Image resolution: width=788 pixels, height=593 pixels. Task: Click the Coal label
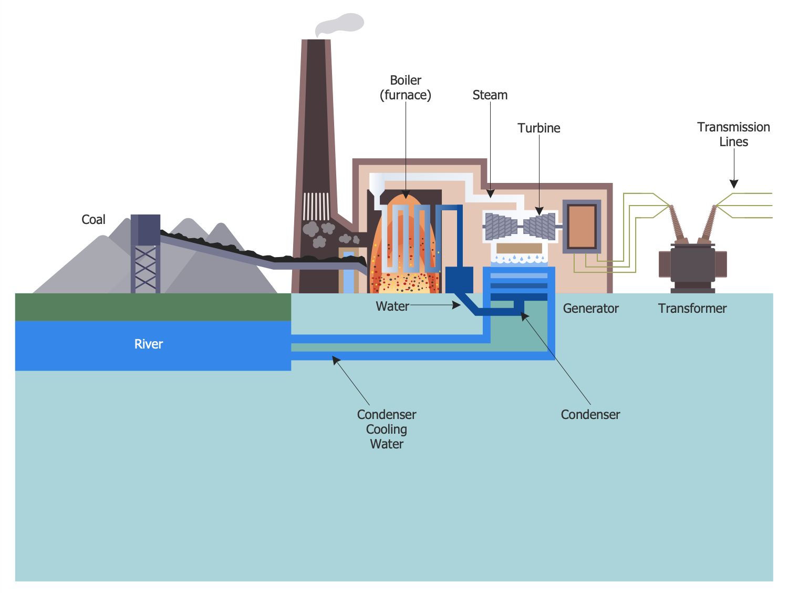(94, 220)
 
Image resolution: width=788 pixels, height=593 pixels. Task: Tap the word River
(149, 344)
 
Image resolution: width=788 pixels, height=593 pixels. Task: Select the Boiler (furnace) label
(406, 88)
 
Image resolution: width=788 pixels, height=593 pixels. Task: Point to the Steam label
(490, 95)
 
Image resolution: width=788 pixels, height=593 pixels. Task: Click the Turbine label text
(538, 128)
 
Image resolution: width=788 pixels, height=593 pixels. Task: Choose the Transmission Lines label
(733, 135)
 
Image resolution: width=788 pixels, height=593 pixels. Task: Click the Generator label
(590, 309)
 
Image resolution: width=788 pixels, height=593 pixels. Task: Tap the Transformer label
(692, 309)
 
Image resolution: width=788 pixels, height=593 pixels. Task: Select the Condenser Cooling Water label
(387, 429)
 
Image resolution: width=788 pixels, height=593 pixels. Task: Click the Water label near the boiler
(392, 306)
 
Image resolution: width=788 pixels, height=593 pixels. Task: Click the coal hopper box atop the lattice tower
(146, 230)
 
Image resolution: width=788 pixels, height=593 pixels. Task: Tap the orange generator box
(582, 226)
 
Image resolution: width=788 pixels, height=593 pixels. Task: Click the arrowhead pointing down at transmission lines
(734, 184)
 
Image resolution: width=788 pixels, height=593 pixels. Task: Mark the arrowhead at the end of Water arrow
(457, 305)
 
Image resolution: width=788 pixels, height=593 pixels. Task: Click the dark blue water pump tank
(459, 279)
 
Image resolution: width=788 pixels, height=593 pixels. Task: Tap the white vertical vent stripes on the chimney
(316, 206)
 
